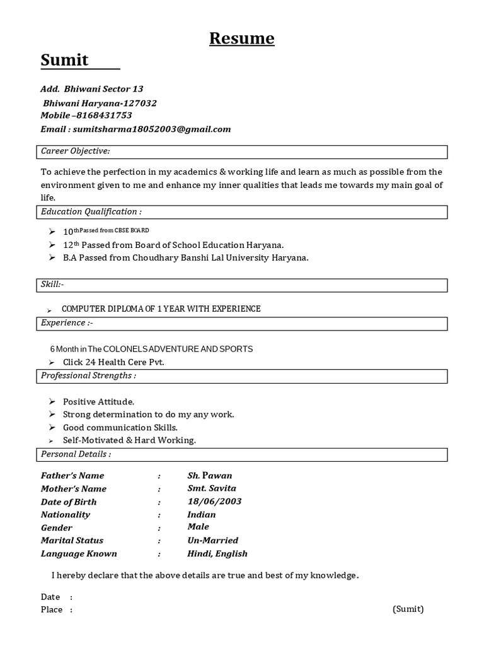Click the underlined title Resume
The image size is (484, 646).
[x=242, y=39]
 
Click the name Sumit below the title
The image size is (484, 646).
[x=65, y=61]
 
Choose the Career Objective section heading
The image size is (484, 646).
[x=76, y=151]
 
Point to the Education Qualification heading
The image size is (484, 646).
[x=91, y=212]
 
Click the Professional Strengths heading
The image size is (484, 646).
[x=88, y=376]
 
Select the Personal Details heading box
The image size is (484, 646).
[x=243, y=454]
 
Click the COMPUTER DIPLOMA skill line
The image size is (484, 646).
[x=161, y=308]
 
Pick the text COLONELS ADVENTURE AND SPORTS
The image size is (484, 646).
[x=178, y=349]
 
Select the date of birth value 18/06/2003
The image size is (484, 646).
[x=214, y=502]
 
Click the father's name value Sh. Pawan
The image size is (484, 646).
[x=210, y=476]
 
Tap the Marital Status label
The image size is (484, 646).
[x=72, y=541]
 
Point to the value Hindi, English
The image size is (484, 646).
[x=217, y=554]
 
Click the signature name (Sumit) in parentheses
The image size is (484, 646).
[x=408, y=609]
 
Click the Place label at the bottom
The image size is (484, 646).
[x=52, y=610]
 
